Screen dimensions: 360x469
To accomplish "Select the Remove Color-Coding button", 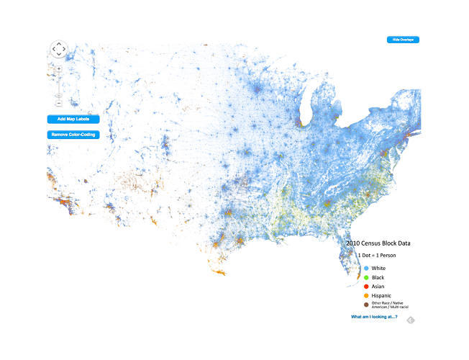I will (x=73, y=135).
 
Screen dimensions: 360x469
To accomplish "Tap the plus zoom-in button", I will (x=58, y=68).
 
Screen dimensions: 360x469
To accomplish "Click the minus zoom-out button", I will (x=58, y=104).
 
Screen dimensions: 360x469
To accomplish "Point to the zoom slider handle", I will (x=58, y=95).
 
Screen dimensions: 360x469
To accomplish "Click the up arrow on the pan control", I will (x=58, y=43).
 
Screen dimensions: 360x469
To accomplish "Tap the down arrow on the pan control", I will (x=58, y=55).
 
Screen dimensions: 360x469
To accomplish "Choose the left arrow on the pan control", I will (x=53, y=50).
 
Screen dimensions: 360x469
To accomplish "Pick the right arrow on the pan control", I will (x=65, y=50).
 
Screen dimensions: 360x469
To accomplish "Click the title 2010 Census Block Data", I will (x=378, y=243).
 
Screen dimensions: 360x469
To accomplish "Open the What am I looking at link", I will (x=374, y=317).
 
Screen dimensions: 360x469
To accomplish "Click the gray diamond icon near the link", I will (x=409, y=320).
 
